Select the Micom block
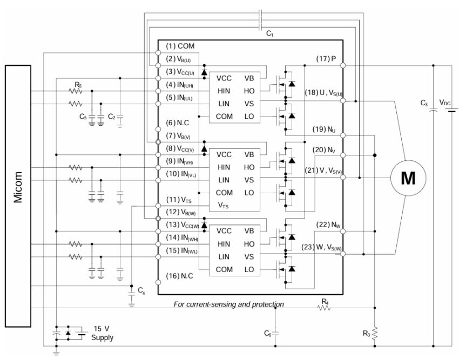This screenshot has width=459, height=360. pyautogui.click(x=18, y=196)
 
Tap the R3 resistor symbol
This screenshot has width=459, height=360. pyautogui.click(x=375, y=334)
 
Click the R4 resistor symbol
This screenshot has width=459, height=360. pyautogui.click(x=324, y=308)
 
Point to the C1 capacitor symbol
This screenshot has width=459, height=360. pyautogui.click(x=260, y=20)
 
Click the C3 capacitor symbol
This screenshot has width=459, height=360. pyautogui.click(x=433, y=110)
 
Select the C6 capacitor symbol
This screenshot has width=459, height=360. pyautogui.click(x=275, y=334)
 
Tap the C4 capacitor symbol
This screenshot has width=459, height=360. pyautogui.click(x=132, y=294)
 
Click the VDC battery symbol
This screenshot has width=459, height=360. pyautogui.click(x=453, y=110)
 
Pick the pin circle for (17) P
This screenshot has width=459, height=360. pyautogui.click(x=343, y=65)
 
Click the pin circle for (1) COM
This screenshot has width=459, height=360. pyautogui.click(x=158, y=53)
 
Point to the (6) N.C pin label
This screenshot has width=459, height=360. pyautogui.click(x=178, y=123)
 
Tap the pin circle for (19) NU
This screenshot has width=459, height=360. pyautogui.click(x=343, y=135)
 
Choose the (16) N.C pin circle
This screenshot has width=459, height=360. pyautogui.click(x=158, y=282)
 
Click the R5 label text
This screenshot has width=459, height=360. pyautogui.click(x=78, y=85)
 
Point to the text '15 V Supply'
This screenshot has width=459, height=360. pyautogui.click(x=102, y=333)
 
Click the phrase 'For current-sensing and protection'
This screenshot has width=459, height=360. pyautogui.click(x=228, y=304)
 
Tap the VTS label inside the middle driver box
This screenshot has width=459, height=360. pyautogui.click(x=223, y=206)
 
